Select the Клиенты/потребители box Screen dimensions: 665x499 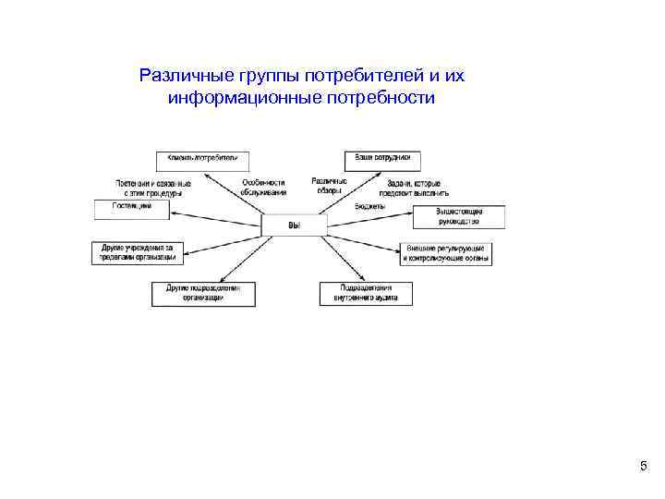(x=202, y=160)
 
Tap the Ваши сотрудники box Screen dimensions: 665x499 (x=382, y=160)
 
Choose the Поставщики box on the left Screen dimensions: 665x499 (x=131, y=209)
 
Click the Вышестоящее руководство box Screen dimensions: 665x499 (x=447, y=217)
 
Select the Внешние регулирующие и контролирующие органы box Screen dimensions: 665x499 (x=447, y=254)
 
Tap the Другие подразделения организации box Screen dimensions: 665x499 (x=203, y=294)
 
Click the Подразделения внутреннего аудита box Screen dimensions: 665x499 (x=367, y=294)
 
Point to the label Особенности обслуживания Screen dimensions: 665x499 (x=264, y=188)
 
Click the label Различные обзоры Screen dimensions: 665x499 (x=329, y=185)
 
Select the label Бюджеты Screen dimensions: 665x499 (x=369, y=206)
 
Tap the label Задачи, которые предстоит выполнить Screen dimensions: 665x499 (x=417, y=189)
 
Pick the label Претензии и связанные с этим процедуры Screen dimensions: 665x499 (x=153, y=189)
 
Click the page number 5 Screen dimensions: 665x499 (x=643, y=467)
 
